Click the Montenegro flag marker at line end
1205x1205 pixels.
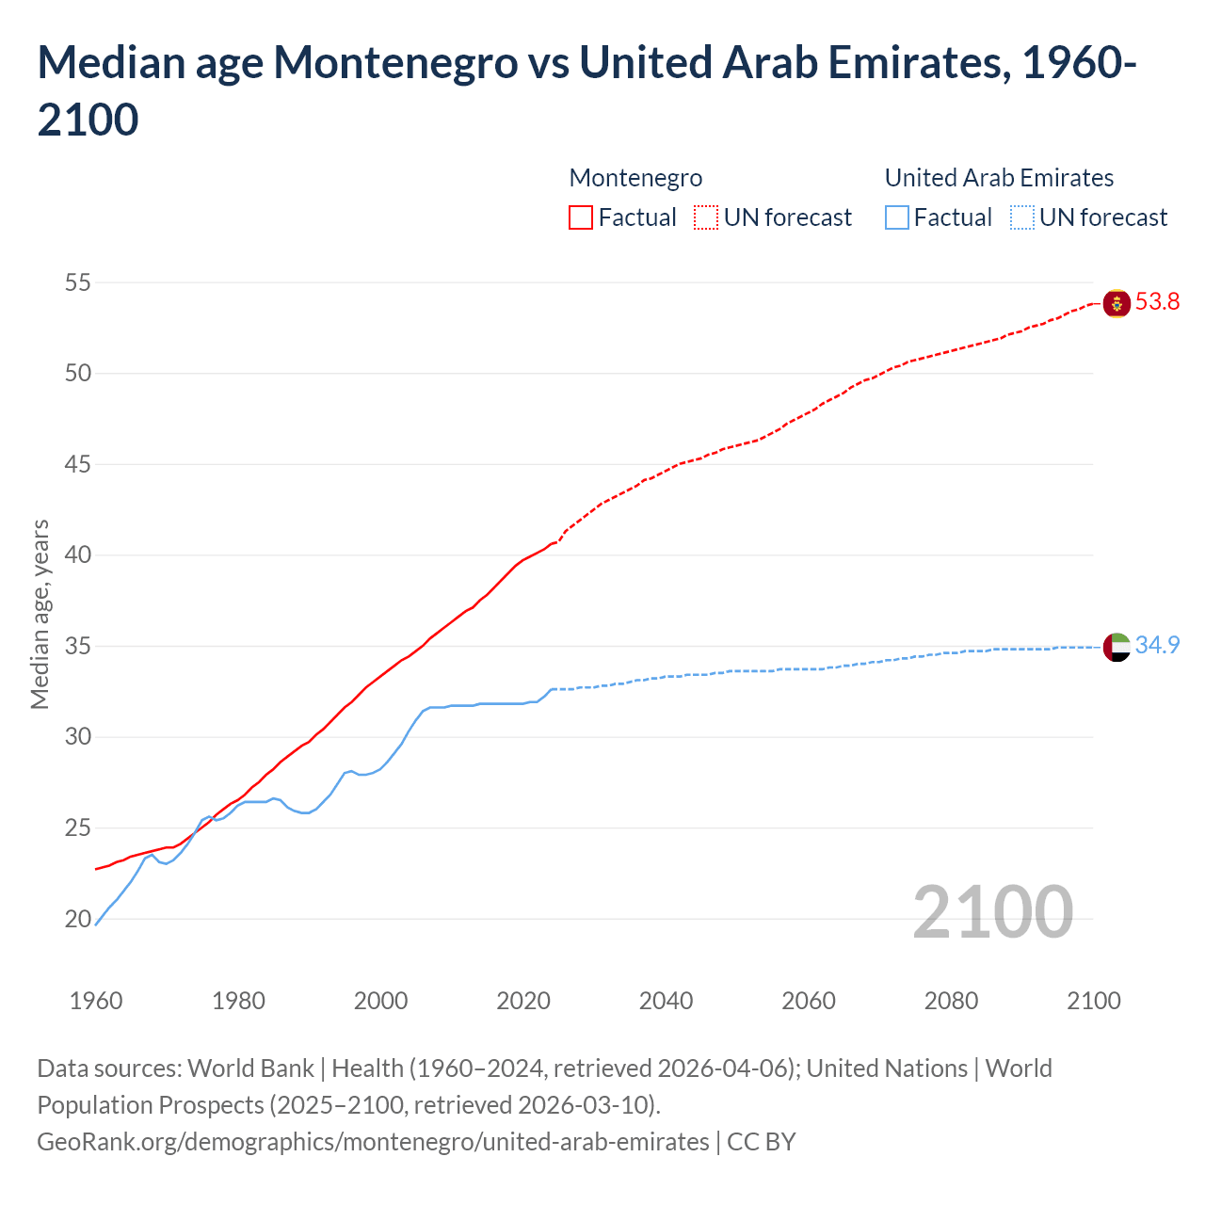tap(1117, 303)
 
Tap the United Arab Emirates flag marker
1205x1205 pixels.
tap(1117, 647)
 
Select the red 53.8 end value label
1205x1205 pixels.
tap(1157, 302)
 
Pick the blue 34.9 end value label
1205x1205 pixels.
tap(1157, 646)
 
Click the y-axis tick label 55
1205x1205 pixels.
tap(78, 282)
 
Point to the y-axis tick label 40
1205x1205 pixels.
tap(78, 555)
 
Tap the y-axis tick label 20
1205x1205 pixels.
tap(78, 919)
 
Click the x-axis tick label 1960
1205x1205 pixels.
tap(96, 1001)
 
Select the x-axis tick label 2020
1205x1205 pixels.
tap(523, 1001)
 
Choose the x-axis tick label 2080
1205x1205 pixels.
tap(951, 1001)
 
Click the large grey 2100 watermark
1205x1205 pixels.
tap(992, 912)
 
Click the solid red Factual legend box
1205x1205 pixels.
tap(581, 217)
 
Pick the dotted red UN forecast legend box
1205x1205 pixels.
tap(706, 217)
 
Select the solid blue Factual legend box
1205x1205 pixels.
tap(897, 217)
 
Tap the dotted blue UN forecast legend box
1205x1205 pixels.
tap(1022, 217)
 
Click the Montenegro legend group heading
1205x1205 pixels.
tap(635, 178)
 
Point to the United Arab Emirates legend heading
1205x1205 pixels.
tap(999, 178)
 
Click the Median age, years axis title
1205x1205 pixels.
tap(40, 614)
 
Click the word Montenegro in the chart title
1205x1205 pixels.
tap(395, 63)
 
